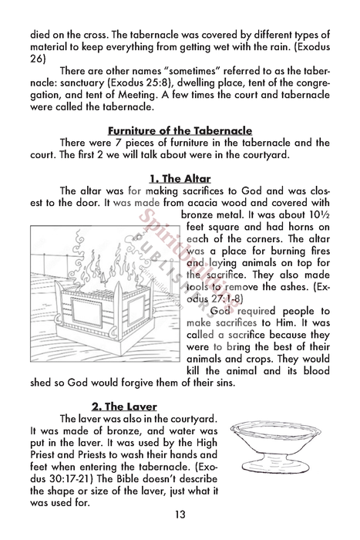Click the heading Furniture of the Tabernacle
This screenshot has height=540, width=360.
[x=180, y=130]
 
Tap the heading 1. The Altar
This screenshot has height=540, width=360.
[x=180, y=179]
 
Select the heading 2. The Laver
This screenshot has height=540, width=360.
[x=124, y=407]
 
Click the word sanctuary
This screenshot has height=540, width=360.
[x=82, y=94]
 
